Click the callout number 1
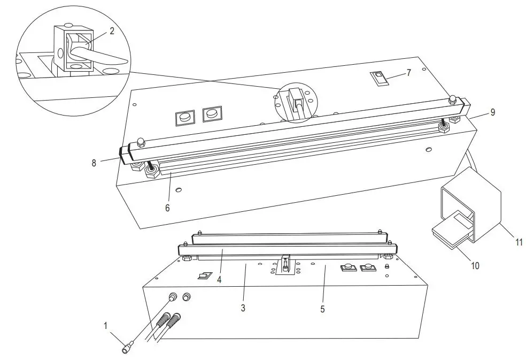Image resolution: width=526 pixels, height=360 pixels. point(106,325)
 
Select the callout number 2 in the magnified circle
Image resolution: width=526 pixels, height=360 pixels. point(111,31)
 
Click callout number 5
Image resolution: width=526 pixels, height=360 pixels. point(322,309)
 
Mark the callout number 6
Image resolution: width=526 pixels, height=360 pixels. point(167,208)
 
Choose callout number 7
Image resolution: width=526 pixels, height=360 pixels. point(408,73)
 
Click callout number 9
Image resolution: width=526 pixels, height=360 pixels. point(492,113)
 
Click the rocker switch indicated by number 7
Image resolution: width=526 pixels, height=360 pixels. point(378,79)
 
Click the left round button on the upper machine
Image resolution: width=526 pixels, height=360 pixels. point(185,116)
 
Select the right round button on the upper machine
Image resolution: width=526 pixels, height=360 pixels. point(212,113)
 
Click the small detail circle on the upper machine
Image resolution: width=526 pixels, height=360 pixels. point(296,102)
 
